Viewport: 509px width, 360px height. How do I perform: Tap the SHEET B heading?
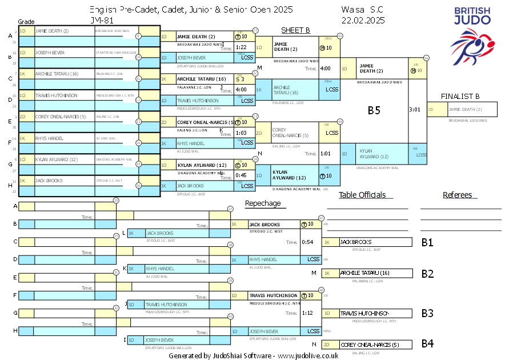(295, 30)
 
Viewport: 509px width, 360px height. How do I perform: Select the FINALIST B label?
(460, 96)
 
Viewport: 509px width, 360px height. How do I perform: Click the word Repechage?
(263, 203)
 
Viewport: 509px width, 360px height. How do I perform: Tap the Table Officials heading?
(362, 195)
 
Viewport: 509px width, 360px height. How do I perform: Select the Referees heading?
(457, 195)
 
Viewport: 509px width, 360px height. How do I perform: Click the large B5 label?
(374, 110)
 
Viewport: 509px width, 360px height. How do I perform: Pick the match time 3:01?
(415, 109)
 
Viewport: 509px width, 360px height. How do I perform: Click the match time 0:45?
(241, 175)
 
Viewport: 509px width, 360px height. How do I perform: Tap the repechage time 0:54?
(308, 242)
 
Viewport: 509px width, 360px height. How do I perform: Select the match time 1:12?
(308, 313)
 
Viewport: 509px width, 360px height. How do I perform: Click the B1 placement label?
(427, 242)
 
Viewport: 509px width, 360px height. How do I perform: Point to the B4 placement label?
(427, 344)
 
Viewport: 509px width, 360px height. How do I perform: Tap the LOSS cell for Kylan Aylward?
(421, 154)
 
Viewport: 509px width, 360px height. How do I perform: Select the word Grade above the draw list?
(26, 21)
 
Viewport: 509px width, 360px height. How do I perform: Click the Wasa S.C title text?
(362, 10)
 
